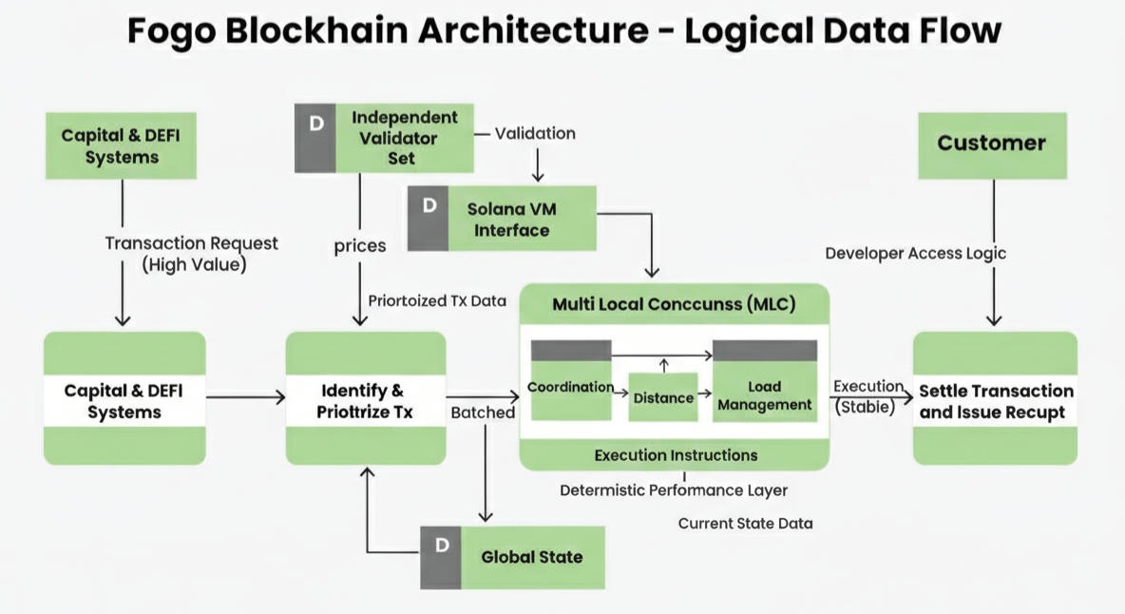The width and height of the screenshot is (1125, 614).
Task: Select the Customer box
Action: click(x=991, y=144)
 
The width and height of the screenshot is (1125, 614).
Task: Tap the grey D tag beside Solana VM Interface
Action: click(x=429, y=219)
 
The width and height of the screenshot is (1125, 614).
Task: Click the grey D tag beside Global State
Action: click(x=441, y=556)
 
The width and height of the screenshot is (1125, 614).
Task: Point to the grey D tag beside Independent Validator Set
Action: click(x=315, y=139)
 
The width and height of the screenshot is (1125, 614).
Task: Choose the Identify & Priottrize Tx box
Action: click(x=366, y=399)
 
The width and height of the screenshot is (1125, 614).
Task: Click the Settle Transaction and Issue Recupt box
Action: click(x=995, y=400)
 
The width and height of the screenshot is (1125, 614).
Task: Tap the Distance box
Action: click(x=663, y=397)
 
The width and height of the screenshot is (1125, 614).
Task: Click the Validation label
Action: click(x=535, y=133)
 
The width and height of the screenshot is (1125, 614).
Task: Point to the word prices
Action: click(x=360, y=246)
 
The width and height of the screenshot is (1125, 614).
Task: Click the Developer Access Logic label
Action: click(x=915, y=253)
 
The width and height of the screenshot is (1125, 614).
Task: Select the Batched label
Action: click(x=483, y=413)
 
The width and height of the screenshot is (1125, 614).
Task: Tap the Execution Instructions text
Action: click(x=676, y=455)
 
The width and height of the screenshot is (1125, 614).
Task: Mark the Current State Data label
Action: click(x=745, y=524)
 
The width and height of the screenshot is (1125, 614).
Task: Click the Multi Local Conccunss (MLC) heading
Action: click(x=674, y=305)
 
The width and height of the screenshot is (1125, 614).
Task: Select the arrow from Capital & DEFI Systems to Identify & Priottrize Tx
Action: click(x=245, y=396)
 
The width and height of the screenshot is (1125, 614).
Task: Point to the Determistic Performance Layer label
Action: click(x=673, y=490)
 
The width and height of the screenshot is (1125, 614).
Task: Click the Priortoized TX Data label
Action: click(x=437, y=300)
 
